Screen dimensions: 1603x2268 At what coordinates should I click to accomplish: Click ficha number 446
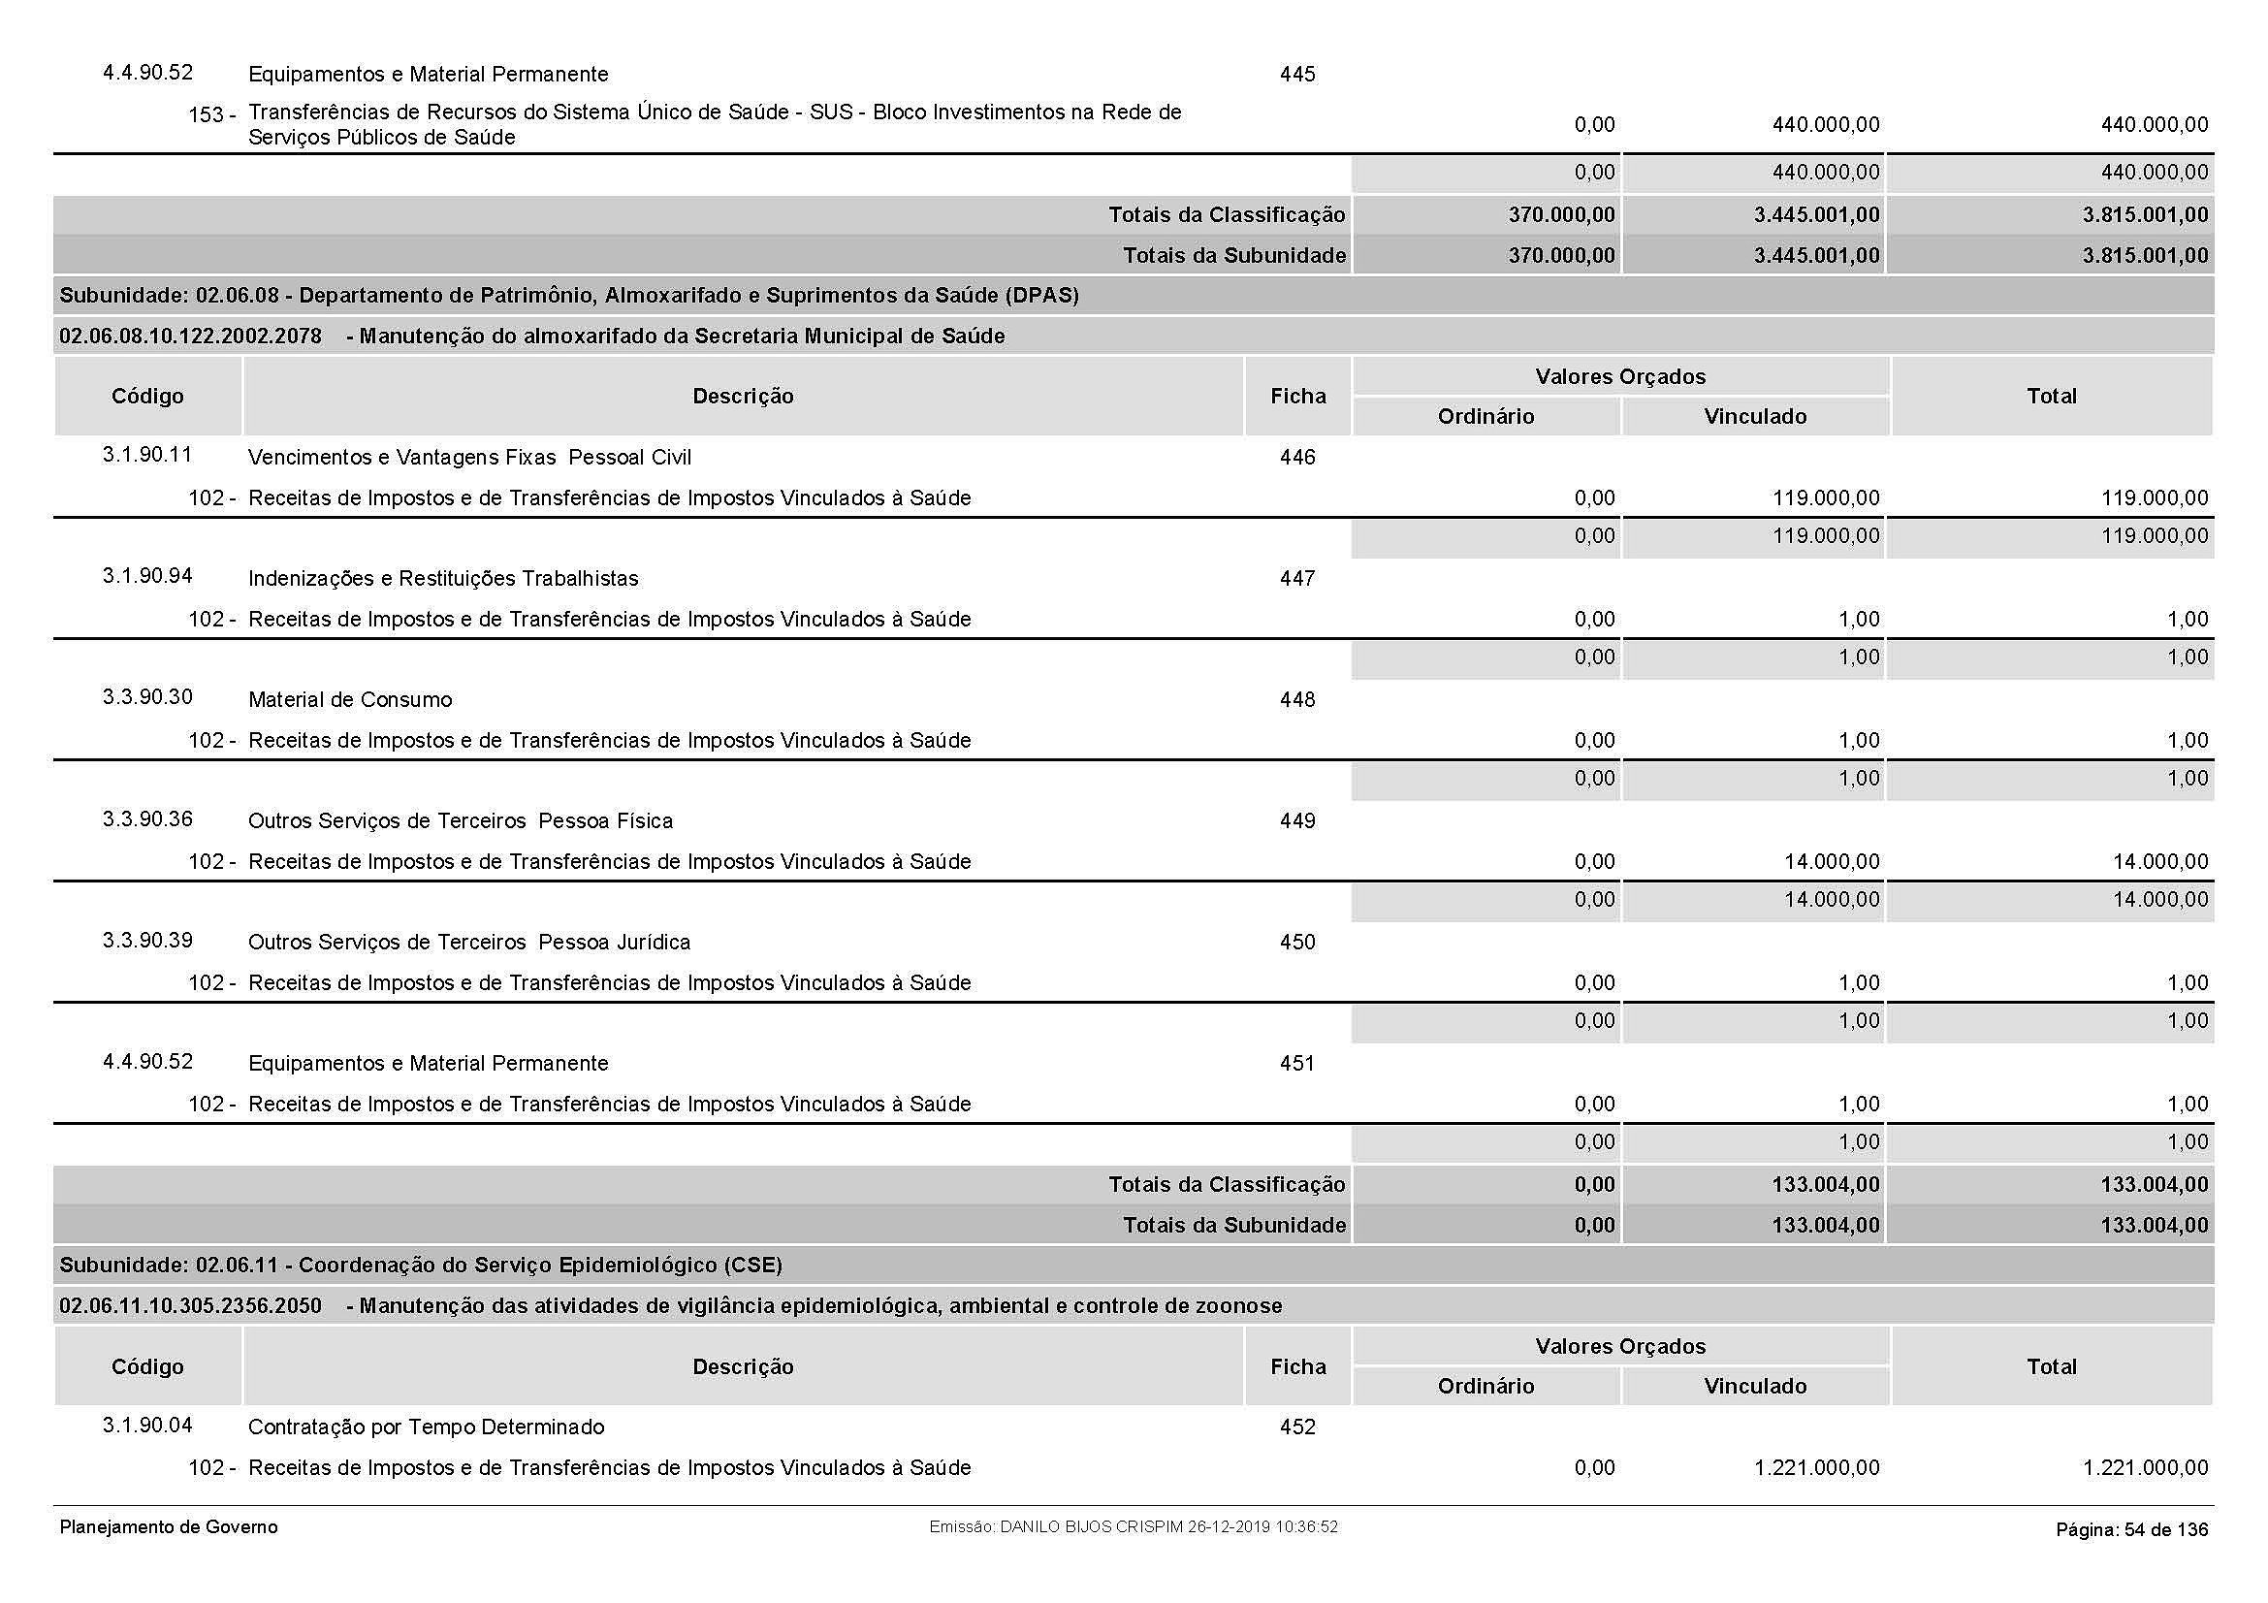[x=1297, y=458]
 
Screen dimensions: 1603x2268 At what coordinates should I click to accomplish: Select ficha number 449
[x=1297, y=820]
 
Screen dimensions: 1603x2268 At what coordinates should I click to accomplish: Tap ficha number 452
[x=1297, y=1427]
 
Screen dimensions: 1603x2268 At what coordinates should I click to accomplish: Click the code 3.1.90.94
[x=147, y=576]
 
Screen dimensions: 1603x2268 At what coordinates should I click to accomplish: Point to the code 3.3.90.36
[x=147, y=818]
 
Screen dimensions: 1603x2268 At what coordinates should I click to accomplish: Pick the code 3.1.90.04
[x=147, y=1426]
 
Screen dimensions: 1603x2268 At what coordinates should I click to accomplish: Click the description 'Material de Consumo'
[x=350, y=700]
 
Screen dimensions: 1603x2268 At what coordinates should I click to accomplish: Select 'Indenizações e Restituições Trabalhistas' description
[x=442, y=579]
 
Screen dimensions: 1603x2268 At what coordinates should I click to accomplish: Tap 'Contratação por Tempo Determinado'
[x=426, y=1427]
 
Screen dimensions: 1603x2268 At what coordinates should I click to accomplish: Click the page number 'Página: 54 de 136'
[x=2131, y=1530]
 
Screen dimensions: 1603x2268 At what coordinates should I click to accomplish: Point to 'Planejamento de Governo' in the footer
[x=169, y=1528]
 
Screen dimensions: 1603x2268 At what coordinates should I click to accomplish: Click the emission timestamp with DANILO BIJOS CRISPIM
[x=1133, y=1527]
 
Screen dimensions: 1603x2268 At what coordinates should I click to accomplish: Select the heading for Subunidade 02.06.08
[x=569, y=296]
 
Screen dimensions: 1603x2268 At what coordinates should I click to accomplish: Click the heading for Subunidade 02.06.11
[x=421, y=1266]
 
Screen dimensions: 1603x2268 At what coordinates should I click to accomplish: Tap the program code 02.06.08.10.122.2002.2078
[x=191, y=337]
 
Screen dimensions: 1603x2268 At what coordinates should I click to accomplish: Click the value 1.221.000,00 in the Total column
[x=2145, y=1468]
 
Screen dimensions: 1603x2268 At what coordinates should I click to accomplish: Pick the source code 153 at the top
[x=207, y=115]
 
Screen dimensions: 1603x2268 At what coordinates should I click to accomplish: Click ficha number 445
[x=1297, y=75]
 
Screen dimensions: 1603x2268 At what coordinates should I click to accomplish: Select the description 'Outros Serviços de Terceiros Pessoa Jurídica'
[x=469, y=943]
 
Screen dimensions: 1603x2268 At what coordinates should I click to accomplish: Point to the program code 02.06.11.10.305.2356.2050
[x=191, y=1306]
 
